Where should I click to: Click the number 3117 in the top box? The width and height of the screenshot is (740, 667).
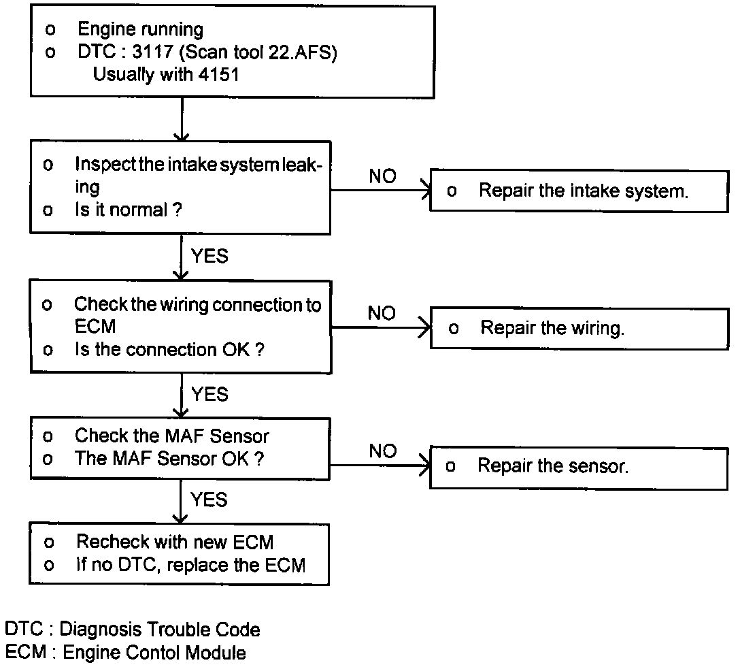click(152, 52)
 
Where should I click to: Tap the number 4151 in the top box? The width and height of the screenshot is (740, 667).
click(218, 74)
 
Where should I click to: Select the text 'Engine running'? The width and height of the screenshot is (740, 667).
click(141, 29)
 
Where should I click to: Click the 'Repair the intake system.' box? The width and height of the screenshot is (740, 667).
click(579, 191)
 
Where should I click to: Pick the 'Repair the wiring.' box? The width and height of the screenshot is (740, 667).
click(579, 328)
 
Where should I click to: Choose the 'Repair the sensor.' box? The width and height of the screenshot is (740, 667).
click(579, 468)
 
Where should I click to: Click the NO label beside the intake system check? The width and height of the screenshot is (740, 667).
click(382, 176)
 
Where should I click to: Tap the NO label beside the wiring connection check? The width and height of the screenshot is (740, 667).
click(382, 313)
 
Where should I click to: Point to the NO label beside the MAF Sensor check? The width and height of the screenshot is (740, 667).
click(383, 451)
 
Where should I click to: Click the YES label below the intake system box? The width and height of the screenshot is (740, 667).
click(209, 256)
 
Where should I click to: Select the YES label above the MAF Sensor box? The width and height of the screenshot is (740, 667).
click(209, 394)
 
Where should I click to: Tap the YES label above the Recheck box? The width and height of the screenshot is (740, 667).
click(209, 500)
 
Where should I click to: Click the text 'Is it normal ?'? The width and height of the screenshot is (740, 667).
click(129, 209)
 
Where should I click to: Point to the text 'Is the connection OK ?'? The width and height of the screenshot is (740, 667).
click(169, 350)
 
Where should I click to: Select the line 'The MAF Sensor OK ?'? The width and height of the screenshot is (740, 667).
click(169, 459)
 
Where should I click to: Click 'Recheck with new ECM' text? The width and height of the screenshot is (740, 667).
click(175, 542)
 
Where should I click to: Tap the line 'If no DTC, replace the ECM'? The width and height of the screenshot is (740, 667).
click(190, 565)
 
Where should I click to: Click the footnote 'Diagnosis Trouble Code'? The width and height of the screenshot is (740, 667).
click(160, 630)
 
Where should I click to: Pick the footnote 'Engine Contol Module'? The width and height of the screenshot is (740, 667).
click(154, 652)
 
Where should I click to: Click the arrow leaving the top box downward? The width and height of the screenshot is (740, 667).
click(182, 119)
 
